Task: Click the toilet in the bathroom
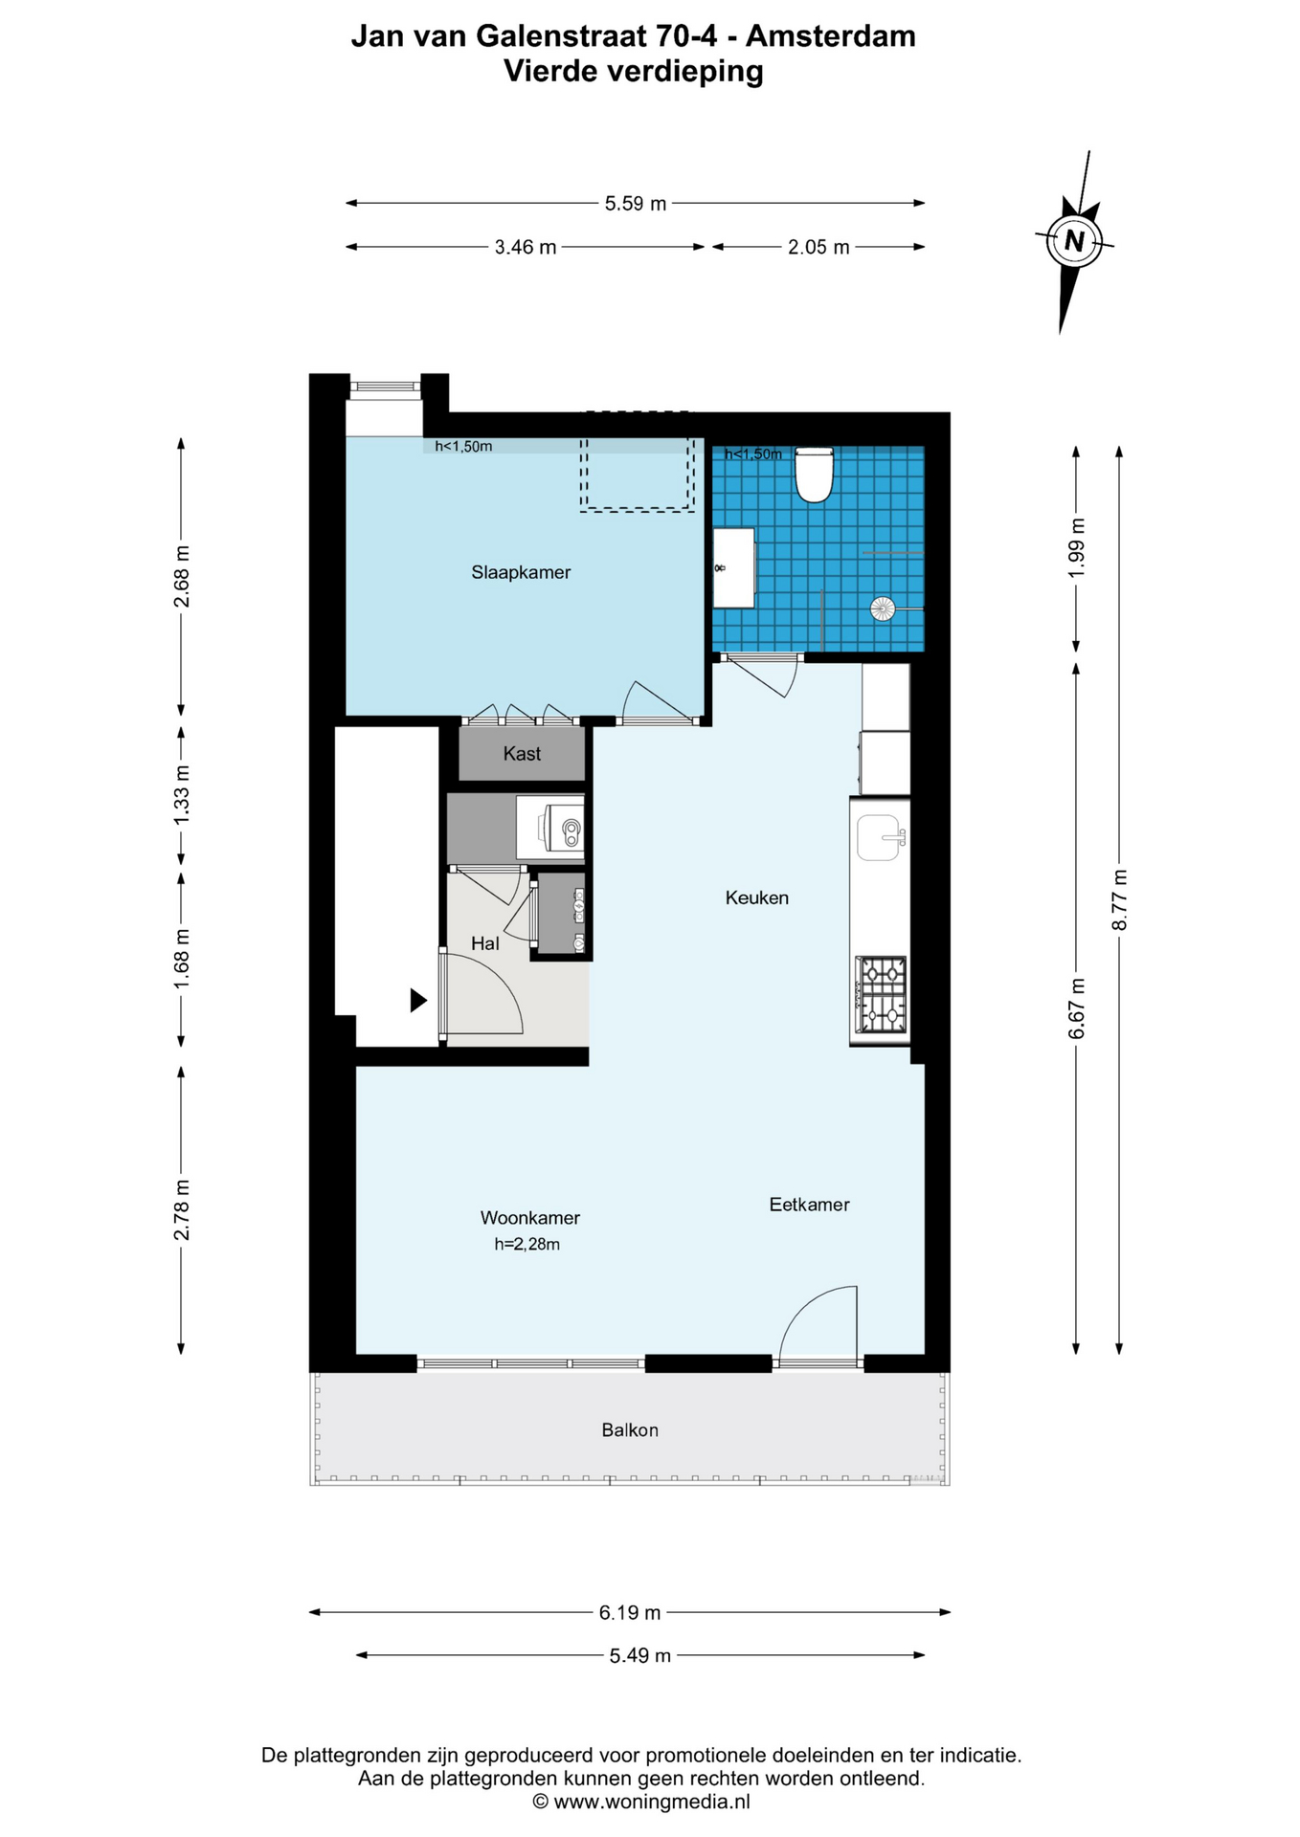click(815, 475)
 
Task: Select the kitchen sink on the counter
click(881, 837)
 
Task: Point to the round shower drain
click(882, 608)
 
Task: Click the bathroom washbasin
click(734, 567)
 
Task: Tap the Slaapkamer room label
click(521, 572)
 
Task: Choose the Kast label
click(522, 754)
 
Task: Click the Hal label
click(485, 943)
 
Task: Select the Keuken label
click(757, 897)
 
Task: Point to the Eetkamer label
click(810, 1205)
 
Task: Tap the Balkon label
click(630, 1430)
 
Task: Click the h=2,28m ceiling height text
click(527, 1245)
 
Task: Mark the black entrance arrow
click(418, 1001)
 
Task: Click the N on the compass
click(1074, 240)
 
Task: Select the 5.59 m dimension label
click(636, 203)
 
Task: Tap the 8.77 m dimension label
click(1119, 898)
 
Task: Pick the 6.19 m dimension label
click(630, 1612)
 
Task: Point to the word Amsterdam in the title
click(831, 36)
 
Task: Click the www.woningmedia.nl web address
click(652, 1802)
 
